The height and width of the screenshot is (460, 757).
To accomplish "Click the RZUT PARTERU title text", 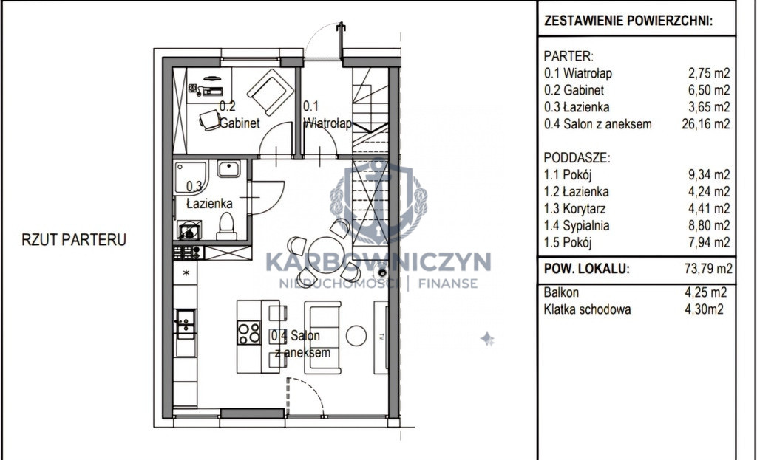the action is pos(74,240).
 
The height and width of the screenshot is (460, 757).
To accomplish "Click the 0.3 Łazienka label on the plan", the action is pos(209,195).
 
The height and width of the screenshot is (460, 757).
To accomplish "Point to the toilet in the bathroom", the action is pos(226,227).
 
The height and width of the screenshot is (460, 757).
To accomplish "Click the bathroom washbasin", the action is pos(228,169).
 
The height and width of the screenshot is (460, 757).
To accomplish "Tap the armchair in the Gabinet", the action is pos(271,92).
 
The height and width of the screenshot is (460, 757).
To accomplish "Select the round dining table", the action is pos(324,253).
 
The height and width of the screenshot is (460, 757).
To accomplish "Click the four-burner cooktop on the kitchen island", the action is pos(248,333).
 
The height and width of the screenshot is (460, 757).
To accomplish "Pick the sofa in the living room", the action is pos(322,337).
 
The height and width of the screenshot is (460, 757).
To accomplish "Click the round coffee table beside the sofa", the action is pos(356,336).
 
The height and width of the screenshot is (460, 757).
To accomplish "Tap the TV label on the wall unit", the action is pos(381,337).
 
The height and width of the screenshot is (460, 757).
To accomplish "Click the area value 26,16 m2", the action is pos(706,124).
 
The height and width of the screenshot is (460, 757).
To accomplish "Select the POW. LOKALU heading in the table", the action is pos(586,269).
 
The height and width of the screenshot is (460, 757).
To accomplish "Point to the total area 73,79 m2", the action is pos(708,269).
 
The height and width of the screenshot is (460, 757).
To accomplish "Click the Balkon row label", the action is pos(561,292).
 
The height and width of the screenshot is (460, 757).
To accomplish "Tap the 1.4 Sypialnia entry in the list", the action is pos(577,226).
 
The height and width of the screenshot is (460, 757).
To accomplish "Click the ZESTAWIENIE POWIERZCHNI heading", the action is pos(628,21).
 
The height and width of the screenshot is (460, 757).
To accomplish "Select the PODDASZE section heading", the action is pos(577,158).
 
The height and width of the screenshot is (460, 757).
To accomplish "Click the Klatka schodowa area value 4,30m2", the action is pos(705,309).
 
